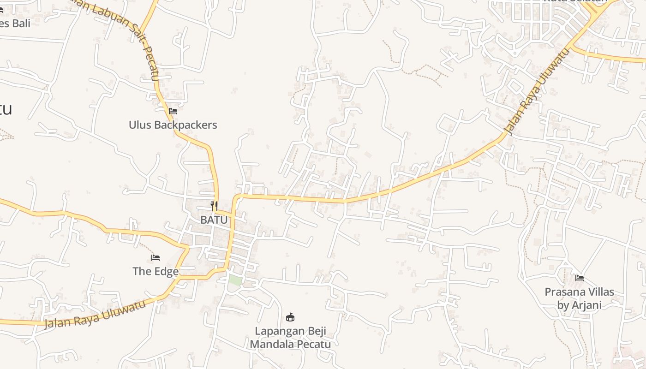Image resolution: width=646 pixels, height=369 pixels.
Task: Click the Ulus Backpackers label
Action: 173,125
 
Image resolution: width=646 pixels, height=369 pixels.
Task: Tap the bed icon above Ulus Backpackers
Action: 173,111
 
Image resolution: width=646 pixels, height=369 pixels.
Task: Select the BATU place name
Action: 214,220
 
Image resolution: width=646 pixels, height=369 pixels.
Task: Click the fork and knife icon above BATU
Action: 214,206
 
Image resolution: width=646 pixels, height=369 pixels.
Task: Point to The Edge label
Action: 156,271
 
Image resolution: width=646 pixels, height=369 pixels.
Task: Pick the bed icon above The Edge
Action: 156,257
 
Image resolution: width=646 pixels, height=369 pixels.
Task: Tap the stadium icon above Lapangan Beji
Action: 290,317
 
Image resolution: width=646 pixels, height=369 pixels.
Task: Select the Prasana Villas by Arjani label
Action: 579,298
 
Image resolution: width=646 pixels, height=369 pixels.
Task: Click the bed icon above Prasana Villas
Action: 580,278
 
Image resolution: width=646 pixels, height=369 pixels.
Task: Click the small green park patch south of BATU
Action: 235,280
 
